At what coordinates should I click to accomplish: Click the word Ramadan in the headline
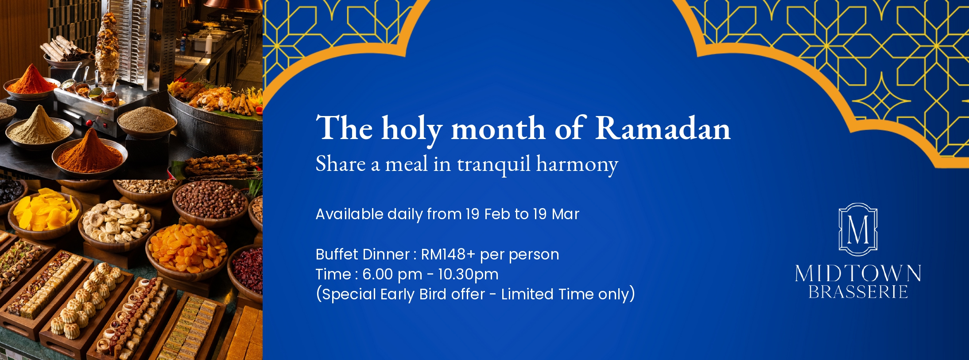pos(663,128)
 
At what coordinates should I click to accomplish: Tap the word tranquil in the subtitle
pos(493,165)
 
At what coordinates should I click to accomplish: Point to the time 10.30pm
pos(468,275)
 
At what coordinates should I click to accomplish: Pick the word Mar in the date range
pos(566,214)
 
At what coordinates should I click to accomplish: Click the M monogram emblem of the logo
pos(858,229)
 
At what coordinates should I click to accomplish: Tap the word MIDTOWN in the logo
pos(858,274)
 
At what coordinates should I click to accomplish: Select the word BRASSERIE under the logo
pos(858,292)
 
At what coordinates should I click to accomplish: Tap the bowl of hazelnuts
pos(210,202)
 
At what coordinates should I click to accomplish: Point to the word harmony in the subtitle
pos(577,165)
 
